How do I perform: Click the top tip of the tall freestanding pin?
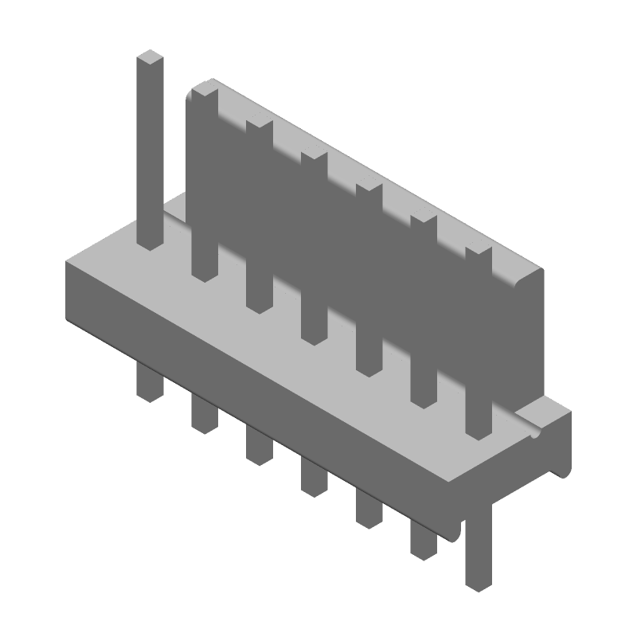coord(150,58)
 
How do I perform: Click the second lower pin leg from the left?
coord(205,412)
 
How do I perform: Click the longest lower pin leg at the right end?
coord(478,549)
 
